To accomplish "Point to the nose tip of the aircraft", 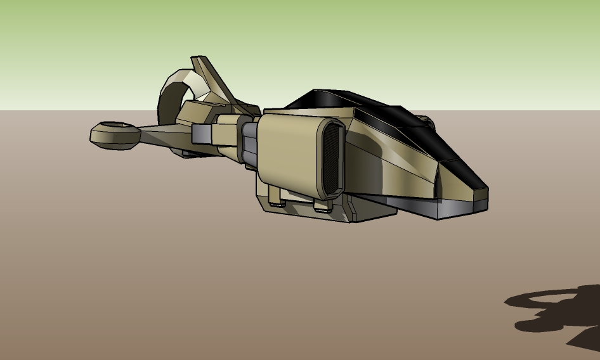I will tap(485, 190).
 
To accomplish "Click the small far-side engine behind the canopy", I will tap(425, 120).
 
